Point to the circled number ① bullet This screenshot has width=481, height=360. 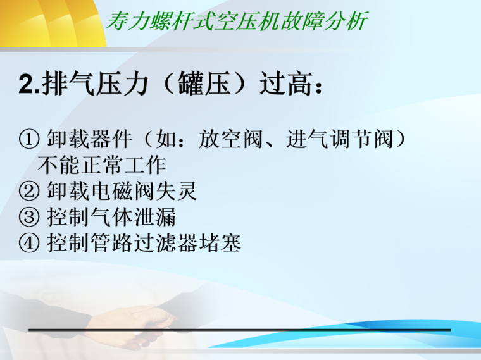tap(30, 139)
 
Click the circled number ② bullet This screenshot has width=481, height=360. tap(30, 190)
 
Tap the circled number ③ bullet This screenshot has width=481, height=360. tap(30, 217)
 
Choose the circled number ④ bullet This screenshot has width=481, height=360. tap(30, 243)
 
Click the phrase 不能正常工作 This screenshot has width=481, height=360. tap(101, 164)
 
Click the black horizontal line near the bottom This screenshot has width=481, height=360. tap(240, 330)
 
